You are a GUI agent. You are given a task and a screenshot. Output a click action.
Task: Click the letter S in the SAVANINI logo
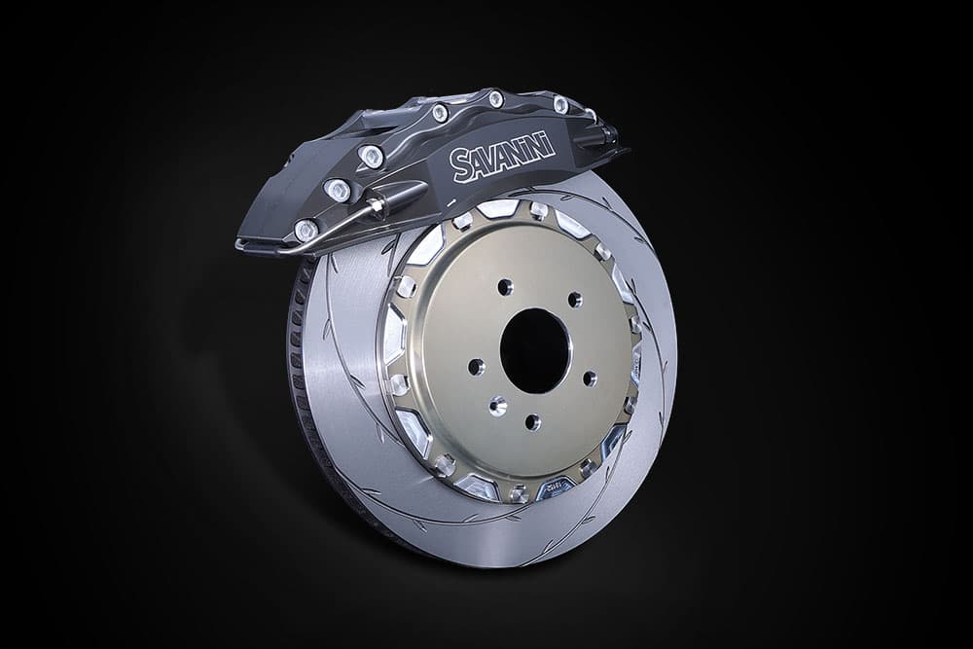[x=461, y=165]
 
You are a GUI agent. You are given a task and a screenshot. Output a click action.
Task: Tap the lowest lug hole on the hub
[x=532, y=422]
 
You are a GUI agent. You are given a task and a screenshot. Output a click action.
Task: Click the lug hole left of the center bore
[x=476, y=367]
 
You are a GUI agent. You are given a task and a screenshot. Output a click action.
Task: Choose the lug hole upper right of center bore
[x=575, y=300]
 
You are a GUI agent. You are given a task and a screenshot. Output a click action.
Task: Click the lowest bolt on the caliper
[x=306, y=231]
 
